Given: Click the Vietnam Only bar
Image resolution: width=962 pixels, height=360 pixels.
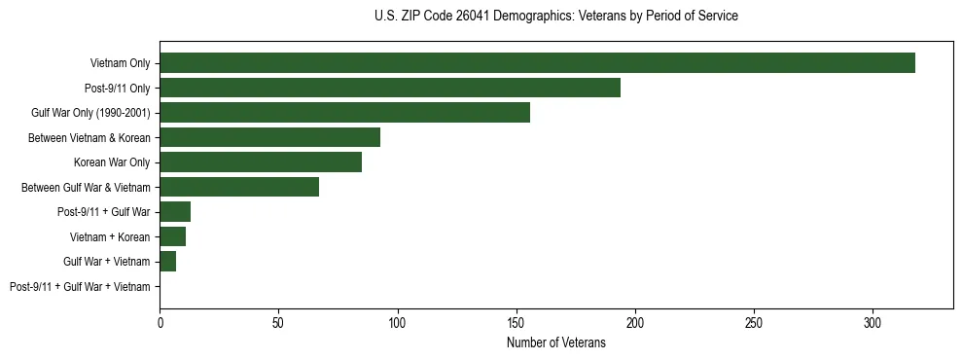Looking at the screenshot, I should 537,63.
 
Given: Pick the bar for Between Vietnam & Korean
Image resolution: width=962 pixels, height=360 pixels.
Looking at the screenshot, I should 269,137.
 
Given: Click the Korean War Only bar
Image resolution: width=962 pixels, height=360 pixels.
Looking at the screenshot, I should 261,162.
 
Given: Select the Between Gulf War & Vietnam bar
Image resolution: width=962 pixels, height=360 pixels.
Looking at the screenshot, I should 239,187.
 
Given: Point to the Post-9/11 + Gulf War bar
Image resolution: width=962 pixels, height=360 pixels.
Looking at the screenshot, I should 175,212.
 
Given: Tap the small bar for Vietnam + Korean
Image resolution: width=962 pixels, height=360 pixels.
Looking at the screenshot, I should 172,236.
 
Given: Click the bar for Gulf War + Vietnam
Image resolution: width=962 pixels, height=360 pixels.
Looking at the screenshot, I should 167,262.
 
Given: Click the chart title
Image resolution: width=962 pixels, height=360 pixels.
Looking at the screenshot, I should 555,17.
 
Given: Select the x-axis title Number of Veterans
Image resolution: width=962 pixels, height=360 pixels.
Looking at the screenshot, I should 555,343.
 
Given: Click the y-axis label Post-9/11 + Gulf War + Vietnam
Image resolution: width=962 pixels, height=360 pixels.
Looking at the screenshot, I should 80,287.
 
